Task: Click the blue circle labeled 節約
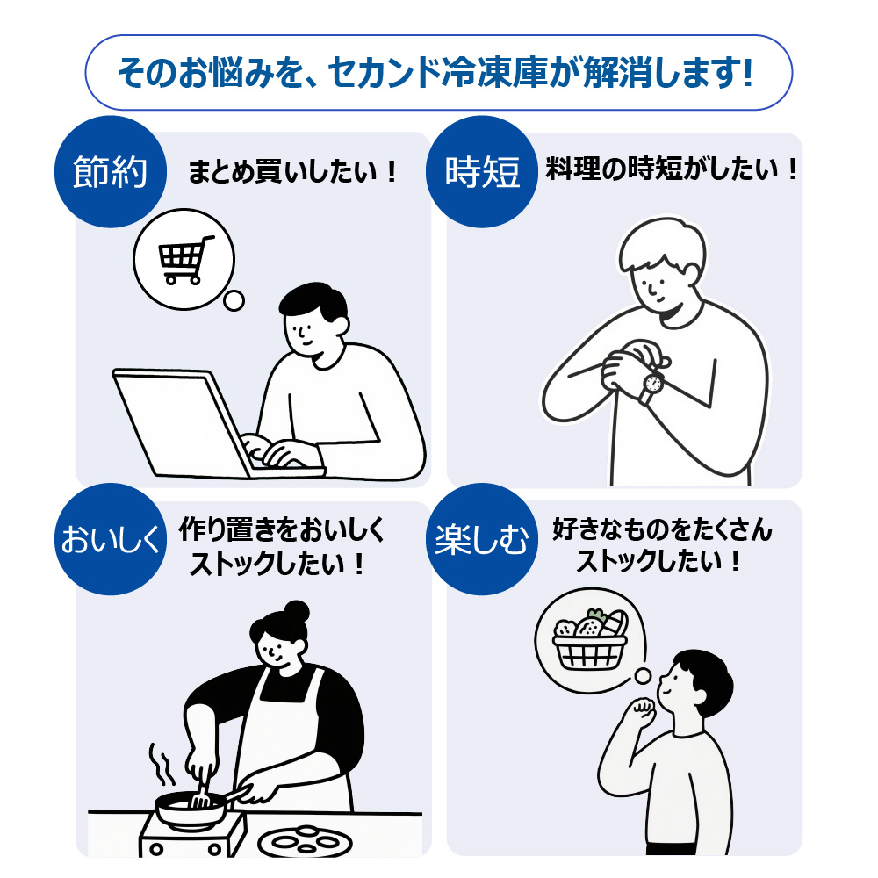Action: (111, 171)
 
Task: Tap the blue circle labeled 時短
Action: (481, 171)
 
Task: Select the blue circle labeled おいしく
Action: (111, 539)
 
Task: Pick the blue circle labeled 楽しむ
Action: (481, 539)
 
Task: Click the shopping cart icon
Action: (184, 259)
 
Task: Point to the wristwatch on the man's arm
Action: (651, 385)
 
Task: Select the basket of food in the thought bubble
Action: (590, 639)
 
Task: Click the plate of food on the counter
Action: (305, 842)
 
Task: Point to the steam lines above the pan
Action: (160, 765)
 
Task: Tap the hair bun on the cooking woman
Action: (296, 612)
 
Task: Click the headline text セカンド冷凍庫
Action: (438, 73)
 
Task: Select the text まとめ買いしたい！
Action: (292, 171)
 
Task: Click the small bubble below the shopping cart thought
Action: (234, 300)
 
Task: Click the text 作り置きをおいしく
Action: (282, 529)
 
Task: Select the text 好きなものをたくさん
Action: (662, 529)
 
